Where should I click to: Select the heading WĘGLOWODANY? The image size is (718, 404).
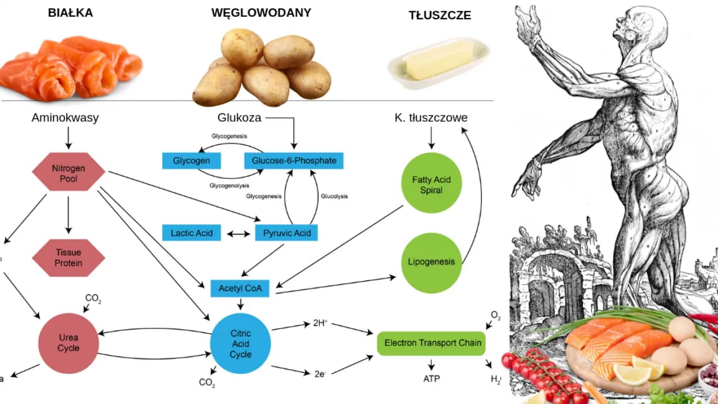coord(261,13)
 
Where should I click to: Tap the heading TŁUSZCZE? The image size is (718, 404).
coord(439,16)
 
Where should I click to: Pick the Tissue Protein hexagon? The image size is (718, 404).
coord(68,258)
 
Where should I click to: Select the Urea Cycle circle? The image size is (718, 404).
coord(68,342)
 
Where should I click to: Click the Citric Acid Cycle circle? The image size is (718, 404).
coord(241,344)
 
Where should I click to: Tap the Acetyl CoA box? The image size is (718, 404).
coord(240,288)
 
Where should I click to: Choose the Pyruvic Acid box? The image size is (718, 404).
coord(287,232)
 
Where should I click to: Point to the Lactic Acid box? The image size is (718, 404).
coord(191,232)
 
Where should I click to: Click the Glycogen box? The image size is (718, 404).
coord(191,160)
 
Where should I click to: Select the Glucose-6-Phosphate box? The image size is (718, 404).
coord(294,160)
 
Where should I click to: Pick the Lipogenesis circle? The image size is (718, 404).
coord(431,263)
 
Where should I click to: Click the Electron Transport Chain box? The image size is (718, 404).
coord(432,343)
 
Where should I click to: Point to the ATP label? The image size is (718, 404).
coord(431,379)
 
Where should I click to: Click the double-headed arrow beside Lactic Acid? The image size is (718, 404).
coord(238,233)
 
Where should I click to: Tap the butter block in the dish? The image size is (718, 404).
coord(439,60)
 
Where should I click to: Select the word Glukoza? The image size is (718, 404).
coord(240,118)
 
